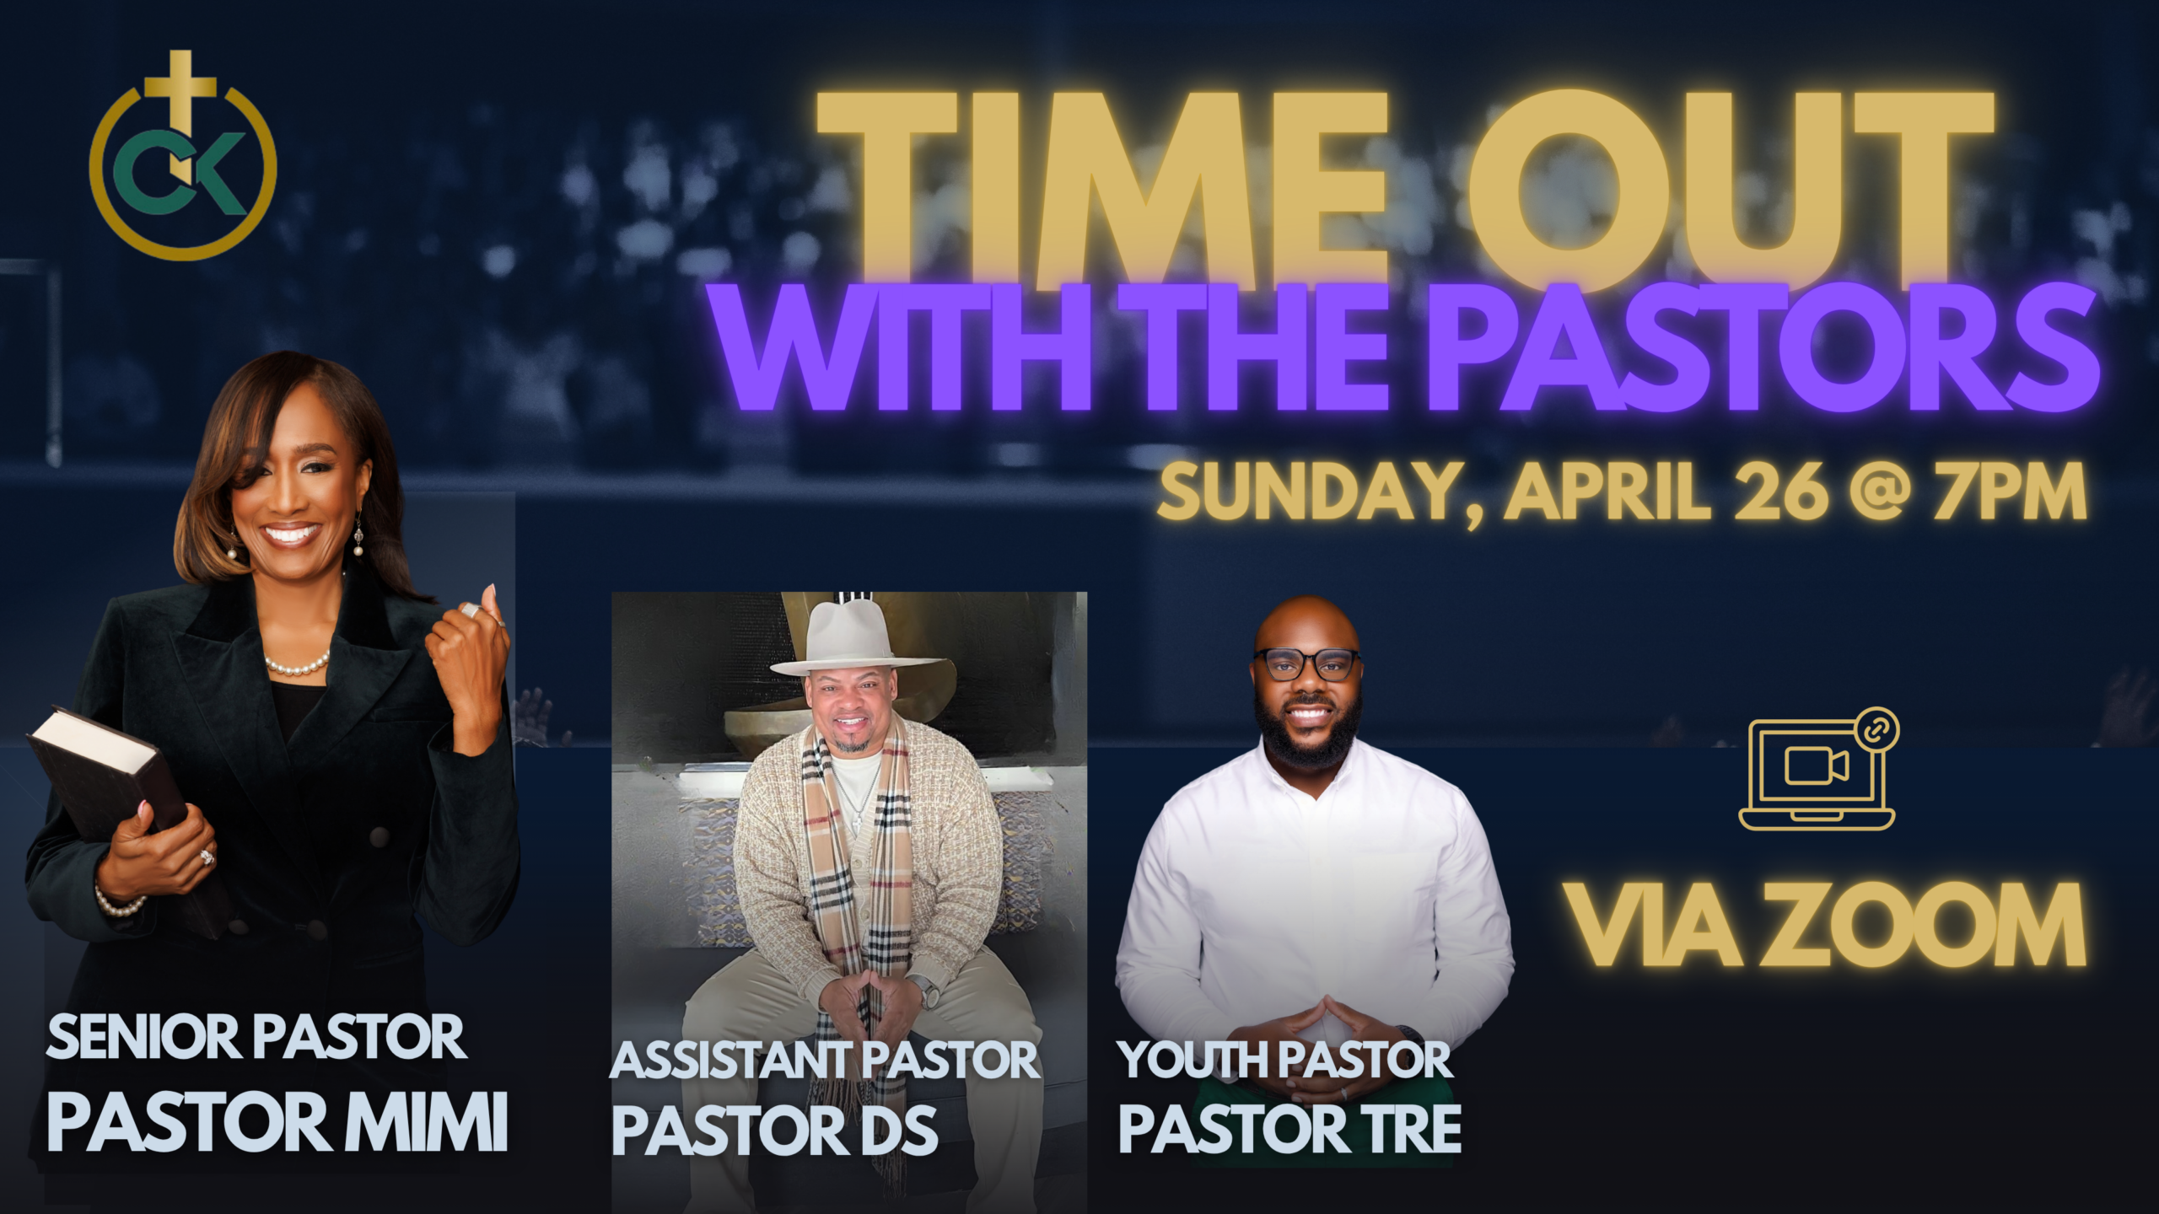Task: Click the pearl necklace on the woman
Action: click(x=295, y=666)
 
